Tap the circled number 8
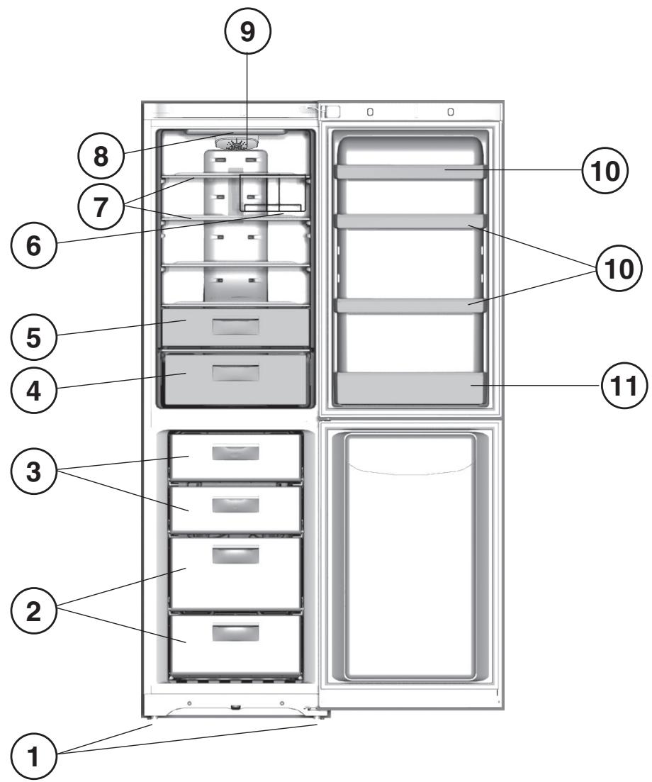tap(102, 157)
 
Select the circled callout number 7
tap(102, 205)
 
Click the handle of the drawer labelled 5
tap(235, 326)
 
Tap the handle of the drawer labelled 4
tap(235, 373)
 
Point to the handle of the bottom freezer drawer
tap(236, 632)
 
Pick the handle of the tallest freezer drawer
tap(236, 554)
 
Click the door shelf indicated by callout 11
tap(410, 388)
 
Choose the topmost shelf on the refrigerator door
tap(410, 171)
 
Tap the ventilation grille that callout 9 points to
tap(239, 145)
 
